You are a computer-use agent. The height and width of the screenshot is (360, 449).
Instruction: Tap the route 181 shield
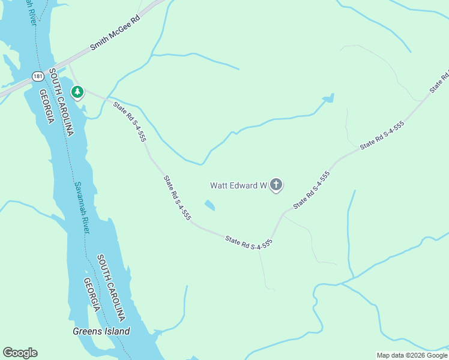pos(38,76)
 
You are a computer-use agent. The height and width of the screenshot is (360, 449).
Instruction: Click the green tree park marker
pos(77,92)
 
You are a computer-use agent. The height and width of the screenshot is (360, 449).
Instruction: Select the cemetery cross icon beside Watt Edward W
pos(276,185)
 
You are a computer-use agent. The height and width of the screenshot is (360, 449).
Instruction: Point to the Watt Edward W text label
pos(238,185)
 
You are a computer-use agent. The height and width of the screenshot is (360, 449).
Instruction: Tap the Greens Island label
pos(101,331)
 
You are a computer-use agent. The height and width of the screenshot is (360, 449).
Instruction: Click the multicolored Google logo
pos(20,353)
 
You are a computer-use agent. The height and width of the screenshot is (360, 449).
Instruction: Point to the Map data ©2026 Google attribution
pos(412,355)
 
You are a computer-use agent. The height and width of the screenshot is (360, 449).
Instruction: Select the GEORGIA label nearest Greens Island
pos(92,295)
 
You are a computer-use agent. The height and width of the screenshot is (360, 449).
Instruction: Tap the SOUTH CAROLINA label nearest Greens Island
pos(112,287)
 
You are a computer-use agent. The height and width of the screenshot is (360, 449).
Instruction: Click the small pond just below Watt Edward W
pos(209,206)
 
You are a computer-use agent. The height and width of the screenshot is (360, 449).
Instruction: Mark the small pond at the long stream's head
pos(327,98)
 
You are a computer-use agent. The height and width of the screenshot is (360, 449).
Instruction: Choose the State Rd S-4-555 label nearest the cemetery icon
pos(312,190)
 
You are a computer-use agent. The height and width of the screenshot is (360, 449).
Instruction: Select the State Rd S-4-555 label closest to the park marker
pos(130,122)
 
